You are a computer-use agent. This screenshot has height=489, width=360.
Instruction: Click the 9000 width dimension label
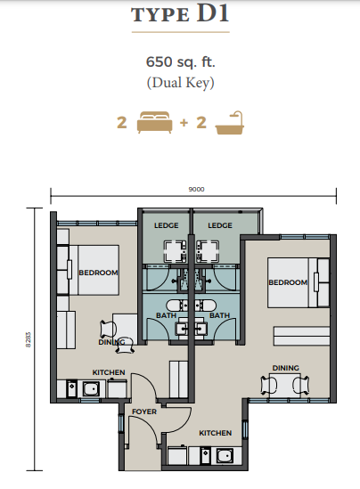196,190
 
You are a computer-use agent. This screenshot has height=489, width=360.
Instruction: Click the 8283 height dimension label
29,339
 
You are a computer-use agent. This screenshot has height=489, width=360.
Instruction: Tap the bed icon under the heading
155,122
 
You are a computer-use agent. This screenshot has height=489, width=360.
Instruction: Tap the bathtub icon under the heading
230,123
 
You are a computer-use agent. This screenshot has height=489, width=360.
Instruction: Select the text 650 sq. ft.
181,61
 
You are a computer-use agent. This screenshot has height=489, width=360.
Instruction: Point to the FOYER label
144,412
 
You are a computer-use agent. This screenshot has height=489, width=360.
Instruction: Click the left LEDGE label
167,225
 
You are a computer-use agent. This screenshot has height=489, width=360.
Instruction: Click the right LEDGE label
220,225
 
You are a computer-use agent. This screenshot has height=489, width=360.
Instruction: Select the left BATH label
167,315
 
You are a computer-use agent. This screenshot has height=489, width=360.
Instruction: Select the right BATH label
219,315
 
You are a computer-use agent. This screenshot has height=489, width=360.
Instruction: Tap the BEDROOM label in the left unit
98,273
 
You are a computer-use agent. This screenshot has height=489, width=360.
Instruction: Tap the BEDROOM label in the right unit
288,282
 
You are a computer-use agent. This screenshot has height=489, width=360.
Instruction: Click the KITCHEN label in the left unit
109,372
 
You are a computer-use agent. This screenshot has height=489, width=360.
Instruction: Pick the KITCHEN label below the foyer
216,433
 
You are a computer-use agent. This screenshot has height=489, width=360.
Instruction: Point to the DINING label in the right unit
285,368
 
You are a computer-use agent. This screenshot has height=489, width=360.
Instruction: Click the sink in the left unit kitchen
91,388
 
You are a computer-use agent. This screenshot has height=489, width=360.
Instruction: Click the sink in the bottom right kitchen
225,456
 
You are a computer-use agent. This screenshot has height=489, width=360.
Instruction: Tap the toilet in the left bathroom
176,305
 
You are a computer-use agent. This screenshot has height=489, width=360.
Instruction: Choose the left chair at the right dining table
269,385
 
